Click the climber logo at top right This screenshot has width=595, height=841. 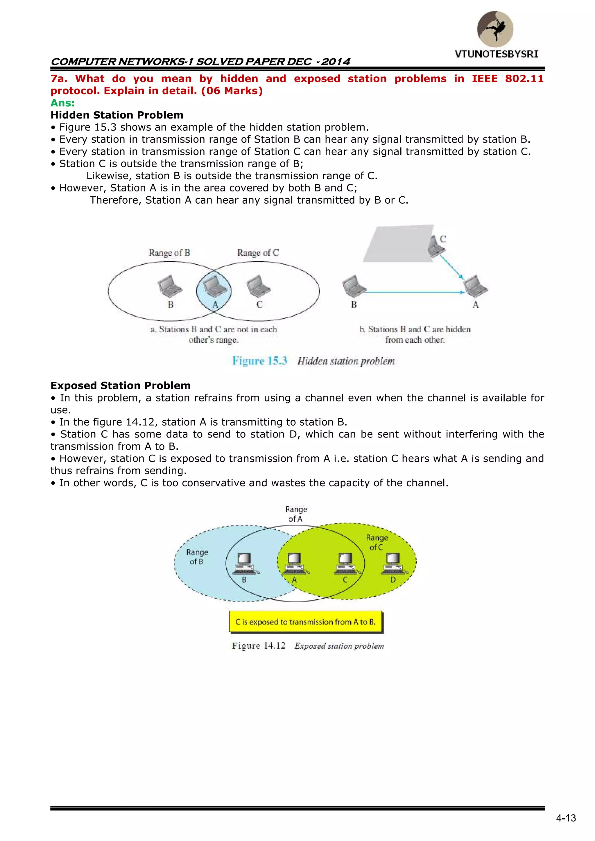495,29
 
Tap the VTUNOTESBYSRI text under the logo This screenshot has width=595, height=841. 497,54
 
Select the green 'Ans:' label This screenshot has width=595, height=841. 63,103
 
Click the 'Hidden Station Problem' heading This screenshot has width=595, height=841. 117,115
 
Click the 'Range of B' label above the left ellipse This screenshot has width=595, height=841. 169,253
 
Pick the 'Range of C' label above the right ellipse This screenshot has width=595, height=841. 258,253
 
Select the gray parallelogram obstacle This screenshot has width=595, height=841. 397,243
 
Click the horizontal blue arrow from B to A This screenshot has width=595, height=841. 414,292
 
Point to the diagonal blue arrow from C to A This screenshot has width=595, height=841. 451,267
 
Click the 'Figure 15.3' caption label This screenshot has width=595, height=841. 259,361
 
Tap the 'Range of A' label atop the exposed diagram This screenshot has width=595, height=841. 296,514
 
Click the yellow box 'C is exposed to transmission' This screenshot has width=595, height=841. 306,622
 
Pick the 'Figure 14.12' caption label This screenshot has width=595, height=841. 259,646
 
